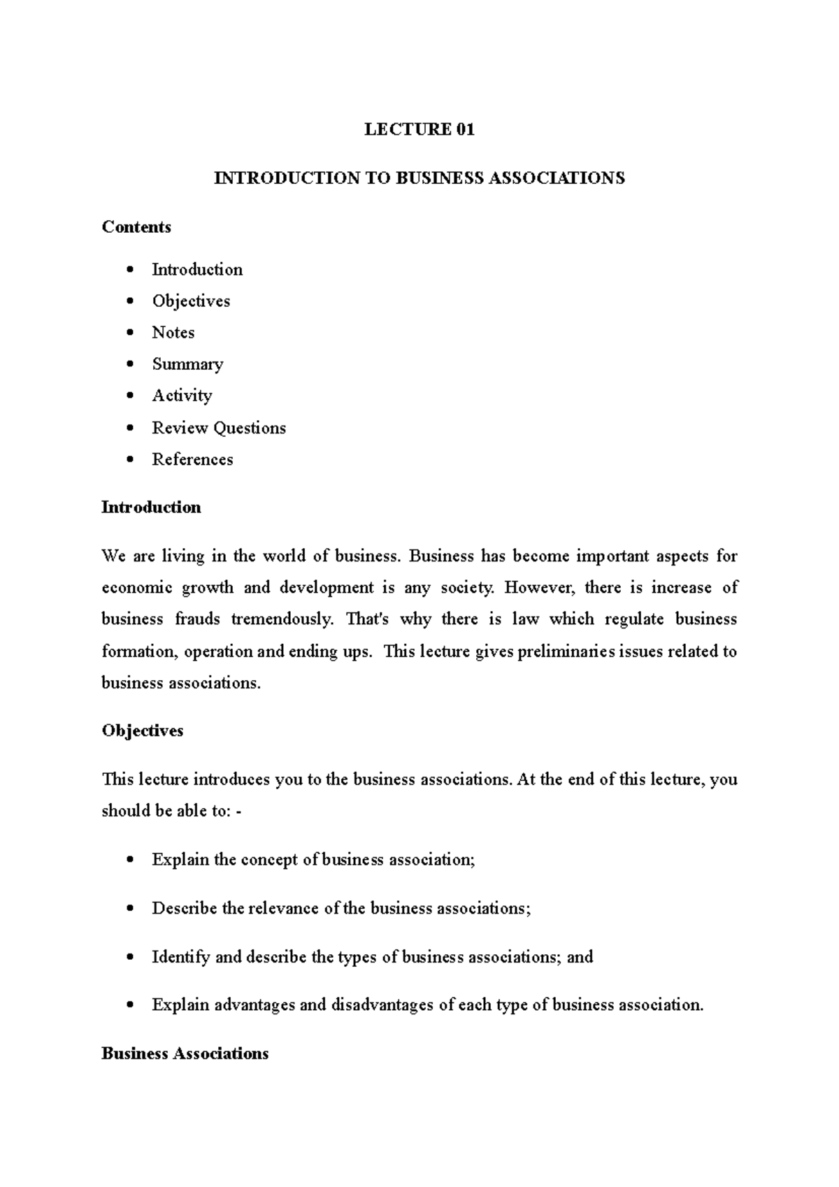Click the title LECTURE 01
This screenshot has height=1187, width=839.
point(419,129)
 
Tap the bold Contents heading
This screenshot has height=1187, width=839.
point(136,226)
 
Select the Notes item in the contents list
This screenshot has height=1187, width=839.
point(173,332)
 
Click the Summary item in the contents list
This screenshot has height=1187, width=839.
point(187,364)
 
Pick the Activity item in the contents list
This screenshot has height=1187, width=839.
point(182,396)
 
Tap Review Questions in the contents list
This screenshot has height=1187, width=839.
point(219,428)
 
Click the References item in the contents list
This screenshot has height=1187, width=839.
point(192,459)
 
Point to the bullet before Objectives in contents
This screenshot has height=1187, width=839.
point(129,301)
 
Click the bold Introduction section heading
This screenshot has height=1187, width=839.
point(151,507)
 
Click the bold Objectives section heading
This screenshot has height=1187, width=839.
point(143,731)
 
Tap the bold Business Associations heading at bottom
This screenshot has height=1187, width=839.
point(185,1053)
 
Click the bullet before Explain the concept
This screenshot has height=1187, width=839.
point(129,860)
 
